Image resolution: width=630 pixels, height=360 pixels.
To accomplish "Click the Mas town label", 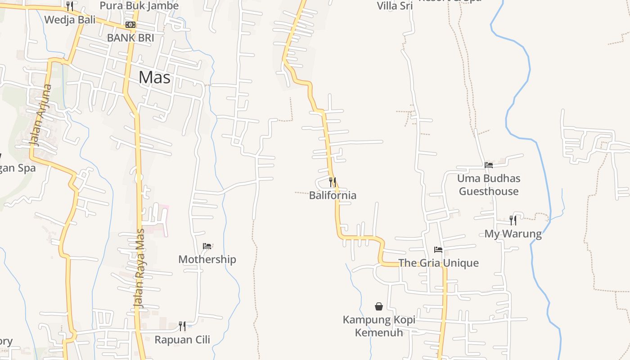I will click(x=154, y=77).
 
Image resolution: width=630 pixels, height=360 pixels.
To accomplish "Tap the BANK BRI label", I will click(x=130, y=38).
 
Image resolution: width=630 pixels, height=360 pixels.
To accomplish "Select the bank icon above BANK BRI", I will click(x=130, y=25).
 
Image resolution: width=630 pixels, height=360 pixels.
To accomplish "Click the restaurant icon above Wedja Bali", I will click(x=69, y=6).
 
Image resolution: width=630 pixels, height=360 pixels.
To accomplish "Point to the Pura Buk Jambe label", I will click(x=139, y=6).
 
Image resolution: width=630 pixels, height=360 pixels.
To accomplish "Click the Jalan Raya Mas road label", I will click(x=140, y=269).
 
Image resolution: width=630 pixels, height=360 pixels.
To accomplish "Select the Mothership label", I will click(x=207, y=259).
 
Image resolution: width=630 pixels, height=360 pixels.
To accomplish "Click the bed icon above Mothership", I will click(x=207, y=246).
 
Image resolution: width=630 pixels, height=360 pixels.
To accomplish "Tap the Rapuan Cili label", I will click(x=182, y=339).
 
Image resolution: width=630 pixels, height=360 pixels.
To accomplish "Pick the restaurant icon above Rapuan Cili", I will click(x=182, y=326).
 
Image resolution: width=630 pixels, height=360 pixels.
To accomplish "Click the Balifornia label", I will click(x=333, y=195).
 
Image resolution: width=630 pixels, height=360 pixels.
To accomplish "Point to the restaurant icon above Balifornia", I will click(x=333, y=182).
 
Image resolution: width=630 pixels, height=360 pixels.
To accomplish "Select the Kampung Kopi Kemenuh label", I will click(x=379, y=326).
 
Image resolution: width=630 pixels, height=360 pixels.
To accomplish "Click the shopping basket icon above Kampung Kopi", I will click(x=379, y=306).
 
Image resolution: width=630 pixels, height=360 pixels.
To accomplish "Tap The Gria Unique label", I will click(x=438, y=263).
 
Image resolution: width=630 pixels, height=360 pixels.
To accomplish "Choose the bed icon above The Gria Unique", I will click(x=438, y=250).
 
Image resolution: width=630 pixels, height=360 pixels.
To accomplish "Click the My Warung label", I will click(x=513, y=234).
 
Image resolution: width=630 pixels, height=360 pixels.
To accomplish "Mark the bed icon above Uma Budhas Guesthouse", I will click(x=489, y=165).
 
